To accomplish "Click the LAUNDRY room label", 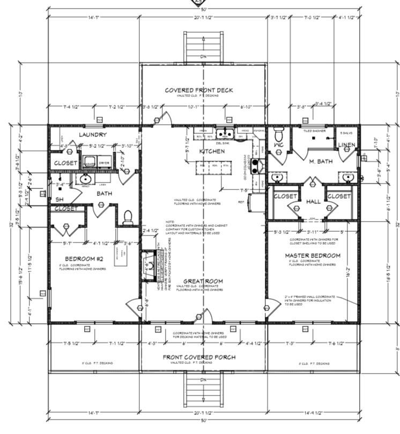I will click(x=93, y=135).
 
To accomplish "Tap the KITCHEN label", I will click(x=211, y=151).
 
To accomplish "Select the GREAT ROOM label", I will click(x=203, y=281).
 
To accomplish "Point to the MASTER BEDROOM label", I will click(x=313, y=255).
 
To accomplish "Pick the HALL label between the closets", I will click(x=313, y=202).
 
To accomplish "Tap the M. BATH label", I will click(x=321, y=161).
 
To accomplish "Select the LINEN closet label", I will click(x=346, y=146).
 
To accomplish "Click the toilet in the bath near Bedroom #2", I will click(x=128, y=217).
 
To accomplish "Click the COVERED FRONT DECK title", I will click(x=198, y=90).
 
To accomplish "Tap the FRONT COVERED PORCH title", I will click(x=198, y=357).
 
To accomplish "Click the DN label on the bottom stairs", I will click(x=203, y=380).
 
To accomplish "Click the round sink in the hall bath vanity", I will click(x=85, y=179).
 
